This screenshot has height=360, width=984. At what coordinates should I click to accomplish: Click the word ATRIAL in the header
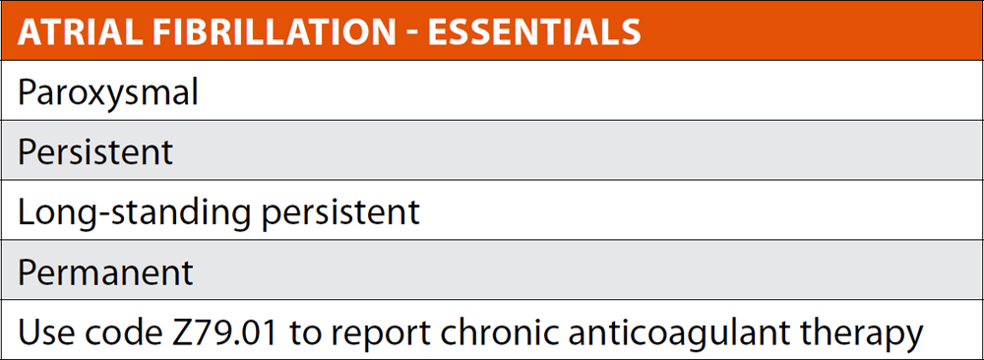(74, 32)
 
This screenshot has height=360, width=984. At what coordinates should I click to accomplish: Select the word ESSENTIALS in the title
(534, 32)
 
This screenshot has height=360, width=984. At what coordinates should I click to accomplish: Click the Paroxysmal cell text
(108, 93)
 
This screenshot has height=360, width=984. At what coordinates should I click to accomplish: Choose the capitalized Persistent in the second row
(95, 151)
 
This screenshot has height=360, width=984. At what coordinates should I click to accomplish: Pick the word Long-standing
(134, 214)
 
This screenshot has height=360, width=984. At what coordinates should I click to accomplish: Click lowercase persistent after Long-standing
(339, 214)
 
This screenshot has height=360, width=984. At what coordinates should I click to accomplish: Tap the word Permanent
(105, 271)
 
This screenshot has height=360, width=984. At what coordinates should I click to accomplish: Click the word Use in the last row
(44, 333)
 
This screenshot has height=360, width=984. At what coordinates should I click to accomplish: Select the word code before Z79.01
(119, 333)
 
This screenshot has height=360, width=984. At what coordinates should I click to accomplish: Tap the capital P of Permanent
(27, 271)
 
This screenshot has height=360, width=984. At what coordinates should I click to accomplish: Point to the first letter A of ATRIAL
(29, 32)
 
